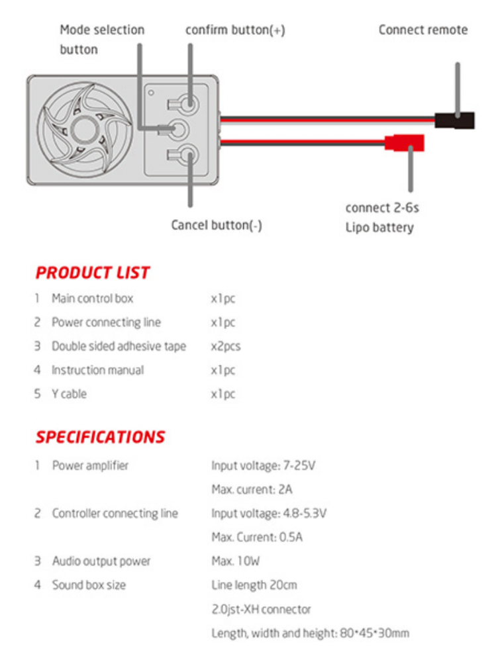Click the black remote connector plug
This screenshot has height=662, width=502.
coord(454,120)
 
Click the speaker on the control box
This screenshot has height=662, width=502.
coord(82,128)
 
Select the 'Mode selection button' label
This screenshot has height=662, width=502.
coord(101,40)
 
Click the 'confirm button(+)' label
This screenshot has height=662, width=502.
coord(235,30)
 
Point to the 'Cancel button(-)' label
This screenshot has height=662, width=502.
coord(217,225)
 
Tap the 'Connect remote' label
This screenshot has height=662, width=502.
coord(423,30)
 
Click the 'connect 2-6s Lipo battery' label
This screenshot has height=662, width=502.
coord(381,218)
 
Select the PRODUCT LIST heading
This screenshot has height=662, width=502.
coord(92,273)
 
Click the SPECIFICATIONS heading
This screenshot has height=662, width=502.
coord(100,437)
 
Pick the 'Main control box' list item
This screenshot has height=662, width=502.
coord(92,299)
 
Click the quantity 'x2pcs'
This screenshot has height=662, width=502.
coord(225,346)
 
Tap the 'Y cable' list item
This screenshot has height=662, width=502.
coord(69,394)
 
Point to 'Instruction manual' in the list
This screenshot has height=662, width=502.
coord(97,370)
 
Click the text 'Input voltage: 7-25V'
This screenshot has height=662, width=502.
coord(263,465)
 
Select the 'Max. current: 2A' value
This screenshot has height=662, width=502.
coord(252,489)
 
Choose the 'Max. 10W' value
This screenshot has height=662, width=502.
coord(236,561)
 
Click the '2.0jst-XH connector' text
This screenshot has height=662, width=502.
coord(261,609)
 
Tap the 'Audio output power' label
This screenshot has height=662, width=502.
coord(101,561)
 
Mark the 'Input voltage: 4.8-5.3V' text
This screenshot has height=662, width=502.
coord(268,513)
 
